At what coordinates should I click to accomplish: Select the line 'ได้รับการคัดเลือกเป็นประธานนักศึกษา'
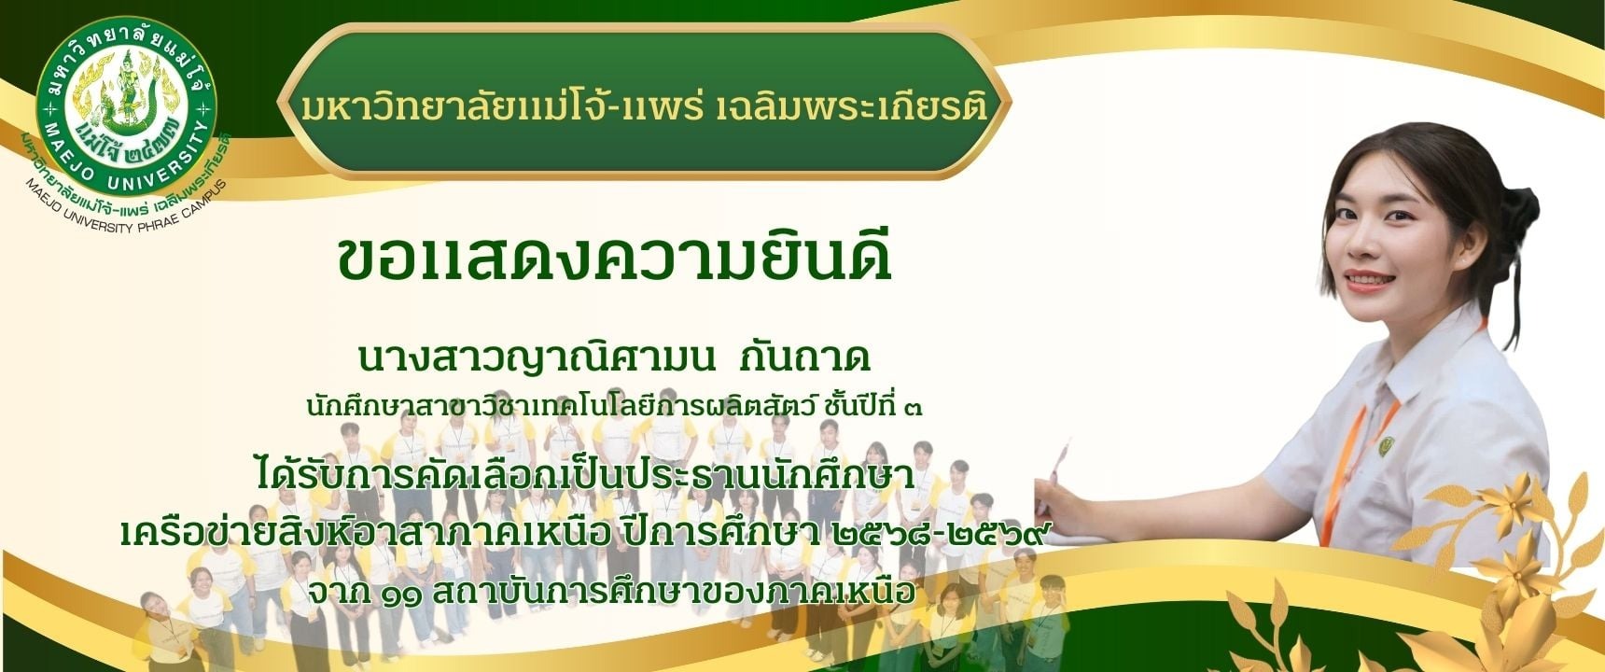click(584, 476)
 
